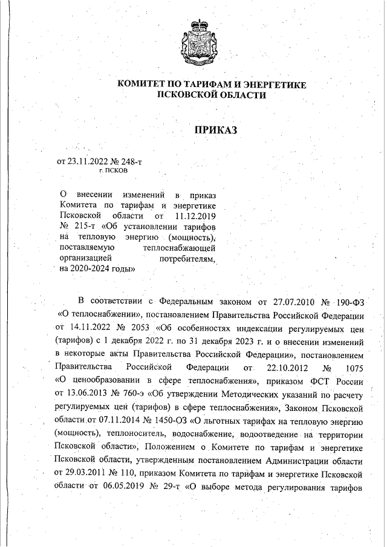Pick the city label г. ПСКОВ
click(113, 172)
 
